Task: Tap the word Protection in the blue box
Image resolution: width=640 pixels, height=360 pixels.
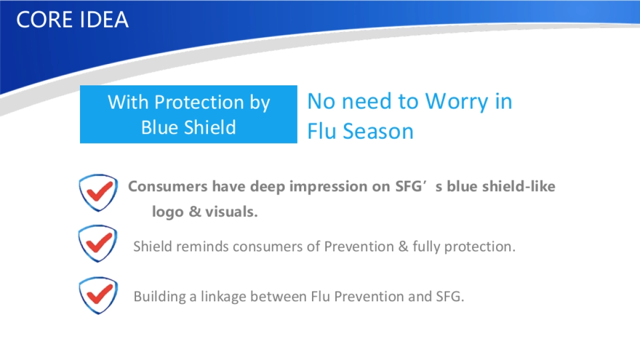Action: coord(199,102)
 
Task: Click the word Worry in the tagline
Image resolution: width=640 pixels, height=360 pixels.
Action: coord(457,102)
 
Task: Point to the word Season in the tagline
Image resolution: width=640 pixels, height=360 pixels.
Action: coord(378,131)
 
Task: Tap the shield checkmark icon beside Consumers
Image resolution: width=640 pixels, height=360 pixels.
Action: coord(98,193)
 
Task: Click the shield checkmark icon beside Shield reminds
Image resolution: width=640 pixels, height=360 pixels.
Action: coord(98,244)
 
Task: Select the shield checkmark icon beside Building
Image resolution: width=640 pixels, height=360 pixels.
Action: coord(98,295)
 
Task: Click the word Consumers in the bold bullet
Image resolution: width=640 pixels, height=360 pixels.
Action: coord(167,187)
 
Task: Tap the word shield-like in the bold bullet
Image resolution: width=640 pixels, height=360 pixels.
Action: coord(519,186)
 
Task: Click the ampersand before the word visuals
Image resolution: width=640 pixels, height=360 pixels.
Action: coord(195,212)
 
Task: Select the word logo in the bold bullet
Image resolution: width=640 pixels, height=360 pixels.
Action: coord(167,212)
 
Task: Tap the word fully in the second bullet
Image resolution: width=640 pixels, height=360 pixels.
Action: coord(426,247)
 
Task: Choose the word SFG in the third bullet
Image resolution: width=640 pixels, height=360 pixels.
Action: coord(450,297)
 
